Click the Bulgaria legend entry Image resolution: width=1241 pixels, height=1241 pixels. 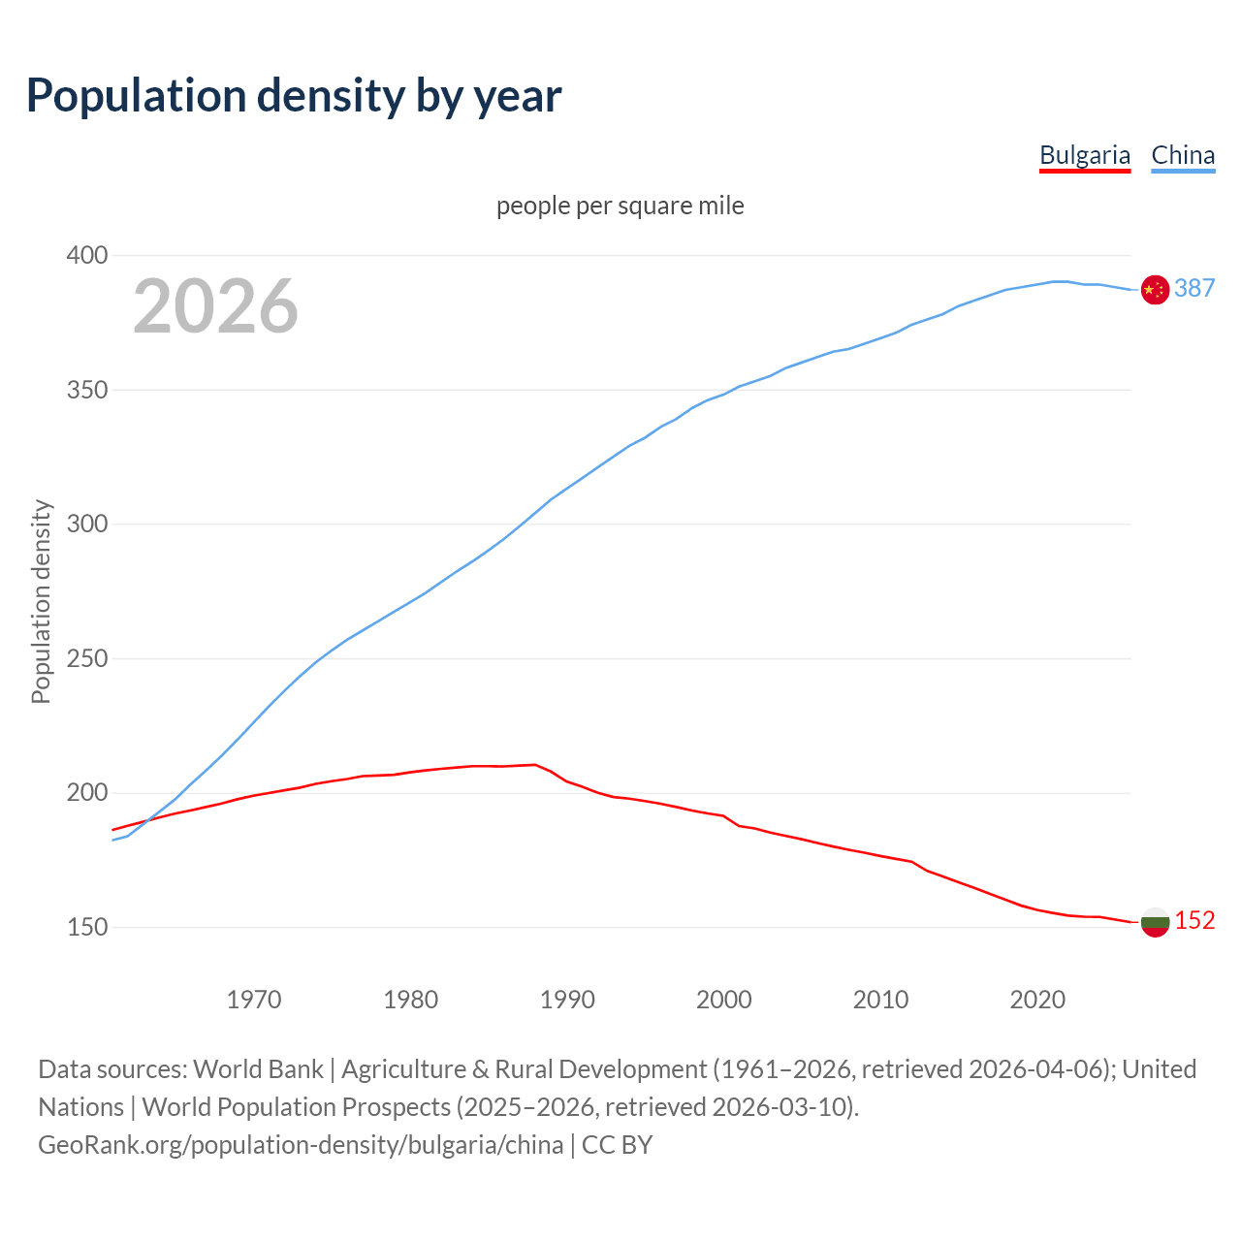1084,155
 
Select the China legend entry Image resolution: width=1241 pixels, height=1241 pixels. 1183,155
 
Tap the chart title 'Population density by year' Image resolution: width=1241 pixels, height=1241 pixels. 294,95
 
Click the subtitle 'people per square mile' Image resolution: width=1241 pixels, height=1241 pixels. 620,206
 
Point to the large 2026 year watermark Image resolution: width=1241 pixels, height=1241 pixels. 215,306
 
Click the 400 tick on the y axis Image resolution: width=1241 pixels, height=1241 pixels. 86,256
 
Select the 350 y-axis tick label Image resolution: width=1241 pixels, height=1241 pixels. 86,390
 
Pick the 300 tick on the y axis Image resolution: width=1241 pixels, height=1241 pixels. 86,525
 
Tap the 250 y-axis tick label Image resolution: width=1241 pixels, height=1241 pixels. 86,658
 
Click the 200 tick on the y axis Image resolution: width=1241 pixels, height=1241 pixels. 86,793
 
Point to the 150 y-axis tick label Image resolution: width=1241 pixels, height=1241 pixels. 86,927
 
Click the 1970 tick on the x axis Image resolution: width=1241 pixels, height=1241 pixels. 254,999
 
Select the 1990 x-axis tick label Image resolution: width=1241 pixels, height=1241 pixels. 567,999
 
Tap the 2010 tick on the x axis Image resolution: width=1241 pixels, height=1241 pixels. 880,999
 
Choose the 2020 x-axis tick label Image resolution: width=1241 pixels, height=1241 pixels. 1037,999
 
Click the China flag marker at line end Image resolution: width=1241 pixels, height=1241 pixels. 1155,289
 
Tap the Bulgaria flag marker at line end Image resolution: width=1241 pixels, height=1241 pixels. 1155,922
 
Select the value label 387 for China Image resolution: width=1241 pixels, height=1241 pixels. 1194,288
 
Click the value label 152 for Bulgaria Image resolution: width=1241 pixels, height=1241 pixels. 1194,920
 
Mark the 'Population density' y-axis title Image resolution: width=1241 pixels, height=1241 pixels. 41,601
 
